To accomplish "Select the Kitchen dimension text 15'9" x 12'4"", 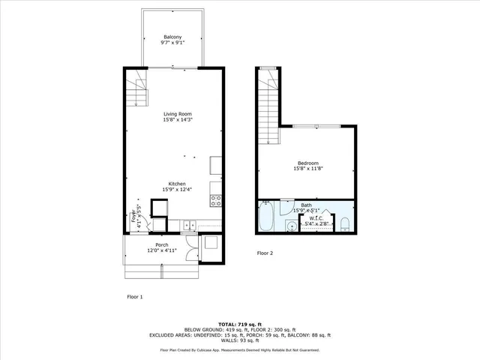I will point(176,190).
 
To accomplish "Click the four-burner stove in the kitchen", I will point(216,200).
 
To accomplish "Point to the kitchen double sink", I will point(187,224).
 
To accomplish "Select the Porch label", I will point(161,245).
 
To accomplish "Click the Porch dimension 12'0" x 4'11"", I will point(161,251).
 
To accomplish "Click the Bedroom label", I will point(307,163).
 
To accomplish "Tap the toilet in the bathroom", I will point(344,224).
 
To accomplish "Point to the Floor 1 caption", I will point(134,297).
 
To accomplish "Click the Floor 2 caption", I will point(265,253).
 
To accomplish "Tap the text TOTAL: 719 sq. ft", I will point(239,320).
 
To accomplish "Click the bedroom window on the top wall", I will point(316,125).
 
